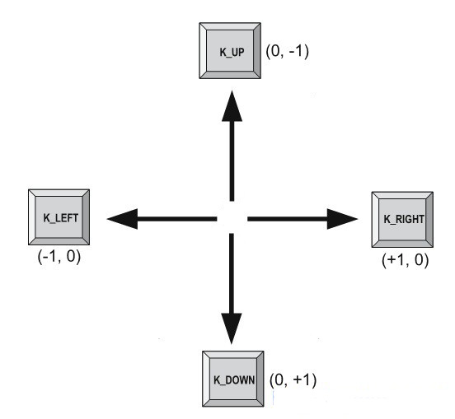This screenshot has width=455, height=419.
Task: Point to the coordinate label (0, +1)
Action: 293,381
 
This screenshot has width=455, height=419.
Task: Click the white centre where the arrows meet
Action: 232,218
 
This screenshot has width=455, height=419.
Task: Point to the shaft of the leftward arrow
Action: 177,218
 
